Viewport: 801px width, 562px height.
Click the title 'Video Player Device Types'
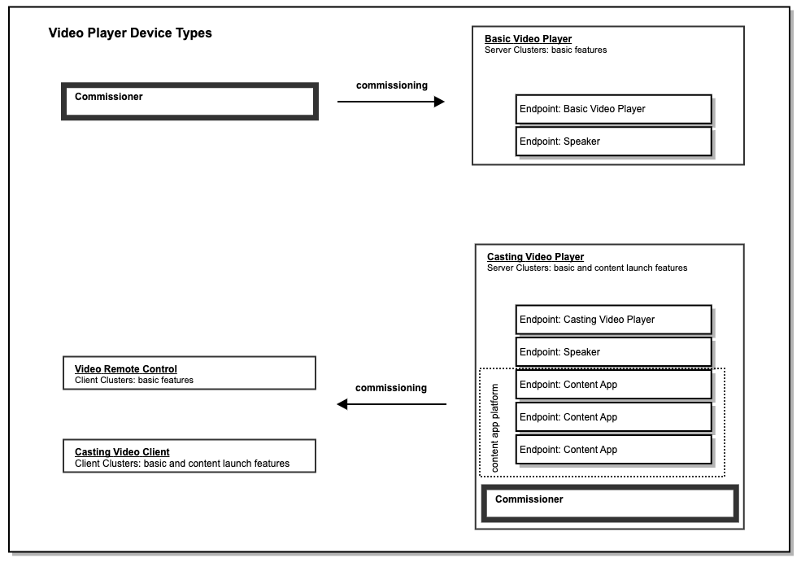pyautogui.click(x=130, y=34)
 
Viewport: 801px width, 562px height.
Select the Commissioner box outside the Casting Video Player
pyautogui.click(x=189, y=101)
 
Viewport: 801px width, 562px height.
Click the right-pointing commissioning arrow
pyautogui.click(x=390, y=102)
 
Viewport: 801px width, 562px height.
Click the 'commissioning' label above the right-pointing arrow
pyautogui.click(x=391, y=85)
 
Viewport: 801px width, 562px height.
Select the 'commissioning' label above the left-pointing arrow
pyautogui.click(x=391, y=388)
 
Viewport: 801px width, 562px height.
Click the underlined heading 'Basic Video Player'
pyautogui.click(x=528, y=39)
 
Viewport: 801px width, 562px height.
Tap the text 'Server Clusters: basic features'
pyautogui.click(x=546, y=50)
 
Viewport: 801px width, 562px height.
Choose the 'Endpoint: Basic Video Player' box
pyautogui.click(x=613, y=109)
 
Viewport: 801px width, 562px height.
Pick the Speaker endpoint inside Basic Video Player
pyautogui.click(x=613, y=142)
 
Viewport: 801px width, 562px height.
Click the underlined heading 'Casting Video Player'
pyautogui.click(x=535, y=257)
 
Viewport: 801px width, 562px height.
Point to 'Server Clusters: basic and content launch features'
pyautogui.click(x=586, y=268)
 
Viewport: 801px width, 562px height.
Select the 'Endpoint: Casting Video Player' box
pyautogui.click(x=613, y=320)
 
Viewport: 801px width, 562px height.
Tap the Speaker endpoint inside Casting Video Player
pyautogui.click(x=613, y=352)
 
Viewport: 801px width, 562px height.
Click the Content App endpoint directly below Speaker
pyautogui.click(x=613, y=385)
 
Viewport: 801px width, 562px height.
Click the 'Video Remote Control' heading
pyautogui.click(x=126, y=369)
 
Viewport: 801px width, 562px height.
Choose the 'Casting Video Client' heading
pyautogui.click(x=122, y=452)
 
